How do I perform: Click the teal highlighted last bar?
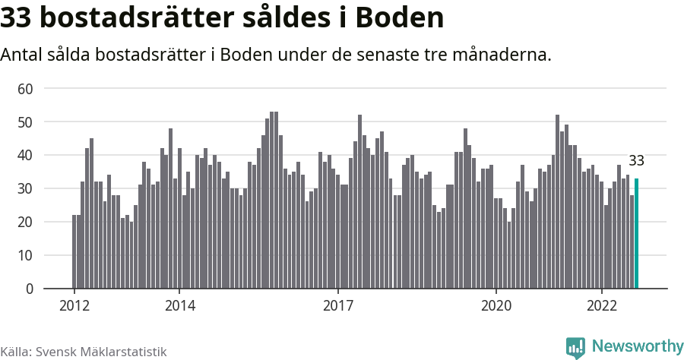pos(636,233)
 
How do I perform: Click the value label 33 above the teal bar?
pos(636,161)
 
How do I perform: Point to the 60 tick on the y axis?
pos(26,89)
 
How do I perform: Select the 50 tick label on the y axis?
pos(26,122)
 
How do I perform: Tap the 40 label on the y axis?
pos(26,156)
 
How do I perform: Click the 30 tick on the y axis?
pos(26,189)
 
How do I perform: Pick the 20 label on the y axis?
pos(26,223)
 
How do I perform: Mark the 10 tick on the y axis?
pos(26,256)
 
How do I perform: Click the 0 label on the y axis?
pos(30,289)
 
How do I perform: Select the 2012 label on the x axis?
pos(74,306)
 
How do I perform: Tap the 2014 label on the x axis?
pos(179,306)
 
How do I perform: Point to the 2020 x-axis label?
pos(496,306)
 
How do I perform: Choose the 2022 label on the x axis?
pos(602,306)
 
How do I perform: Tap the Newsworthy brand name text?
pos(637,346)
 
